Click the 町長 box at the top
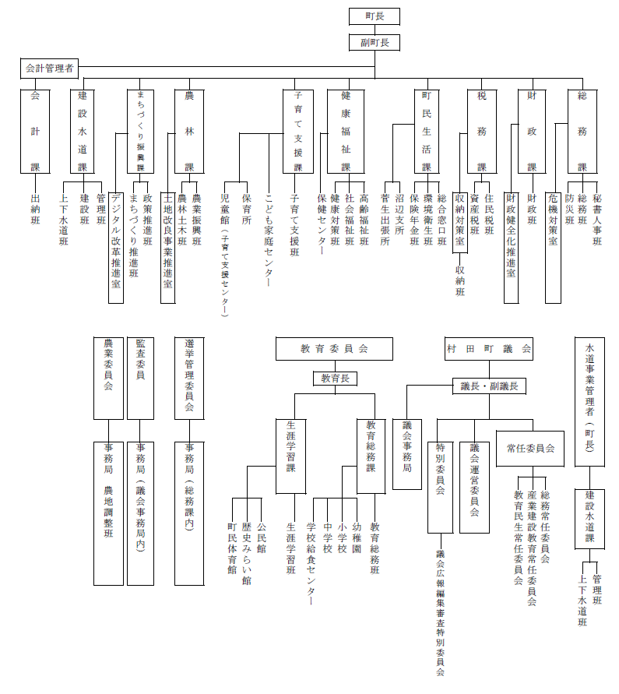pos(374,16)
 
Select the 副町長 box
pos(374,43)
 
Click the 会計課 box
pos(35,132)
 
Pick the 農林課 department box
pos(189,132)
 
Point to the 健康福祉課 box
pos(346,132)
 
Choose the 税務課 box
pos(481,132)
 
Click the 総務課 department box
pos(582,132)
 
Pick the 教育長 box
pos(334,379)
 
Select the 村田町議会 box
pos(489,349)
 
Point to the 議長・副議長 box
pos(490,386)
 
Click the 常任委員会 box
pos(530,449)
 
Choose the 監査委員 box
pos(140,378)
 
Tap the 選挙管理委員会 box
pos(189,378)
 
